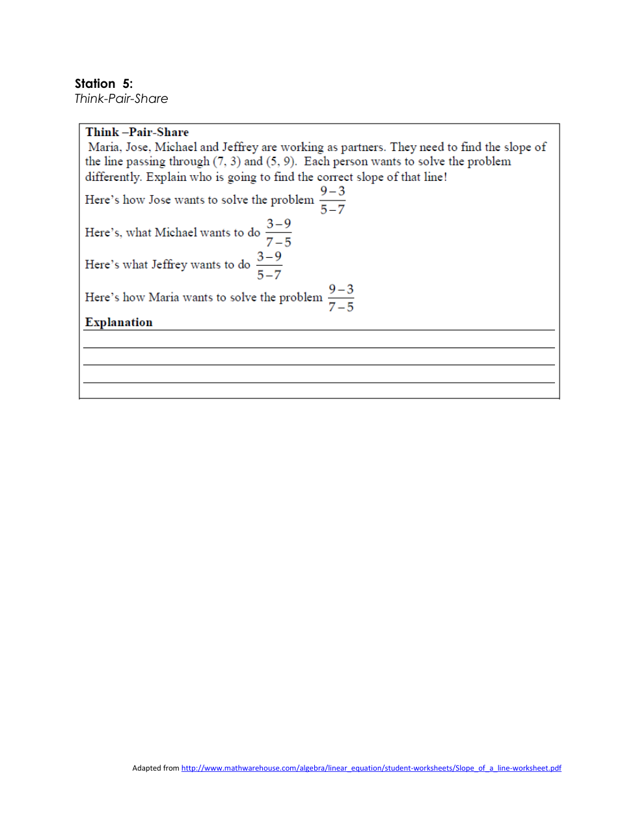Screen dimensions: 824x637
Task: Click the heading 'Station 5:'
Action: pyautogui.click(x=103, y=83)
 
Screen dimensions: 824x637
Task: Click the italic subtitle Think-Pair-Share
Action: pyautogui.click(x=121, y=99)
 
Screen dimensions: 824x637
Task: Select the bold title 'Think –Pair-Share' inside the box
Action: pyautogui.click(x=137, y=132)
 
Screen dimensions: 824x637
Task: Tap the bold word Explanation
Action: pyautogui.click(x=118, y=322)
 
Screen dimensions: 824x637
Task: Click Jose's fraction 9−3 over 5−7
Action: pyautogui.click(x=332, y=200)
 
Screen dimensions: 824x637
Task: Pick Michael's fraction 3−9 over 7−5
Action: pyautogui.click(x=278, y=232)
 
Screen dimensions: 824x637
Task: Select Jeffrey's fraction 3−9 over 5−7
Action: pyautogui.click(x=269, y=265)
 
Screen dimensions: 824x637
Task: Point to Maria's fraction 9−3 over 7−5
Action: pyautogui.click(x=341, y=297)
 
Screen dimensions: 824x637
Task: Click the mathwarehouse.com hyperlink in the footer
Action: pyautogui.click(x=371, y=768)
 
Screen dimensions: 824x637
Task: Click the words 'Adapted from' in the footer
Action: pyautogui.click(x=156, y=768)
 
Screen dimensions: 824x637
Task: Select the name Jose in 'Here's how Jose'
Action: pyautogui.click(x=159, y=200)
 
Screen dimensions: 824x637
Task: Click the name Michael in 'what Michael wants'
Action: pyautogui.click(x=176, y=232)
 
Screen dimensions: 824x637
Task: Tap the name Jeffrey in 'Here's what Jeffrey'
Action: pyautogui.click(x=169, y=265)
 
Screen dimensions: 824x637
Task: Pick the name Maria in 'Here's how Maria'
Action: pyautogui.click(x=163, y=297)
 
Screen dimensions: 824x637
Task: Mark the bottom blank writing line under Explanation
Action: pyautogui.click(x=319, y=382)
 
